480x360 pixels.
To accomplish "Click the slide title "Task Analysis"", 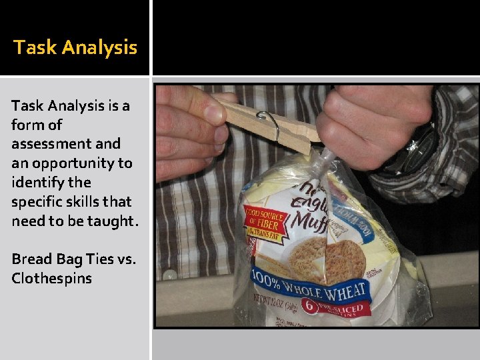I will click(x=75, y=48).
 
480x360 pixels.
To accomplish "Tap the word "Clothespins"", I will click(x=51, y=278).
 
